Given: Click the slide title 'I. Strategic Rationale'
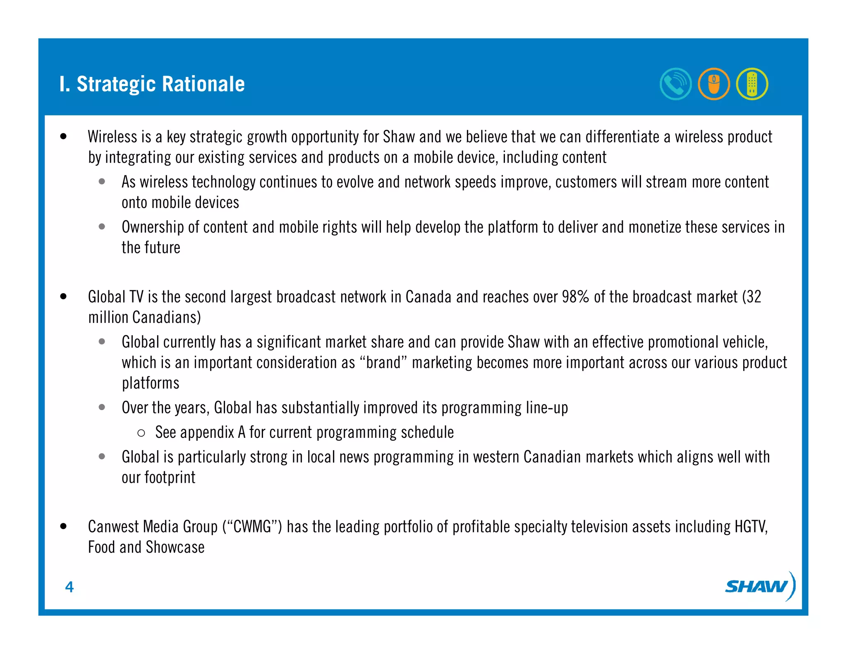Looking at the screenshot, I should coord(152,84).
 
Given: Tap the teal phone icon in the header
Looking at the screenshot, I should coord(675,84).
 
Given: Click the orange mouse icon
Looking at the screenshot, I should coord(714,84).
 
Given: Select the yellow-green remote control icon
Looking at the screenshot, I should coord(752,84).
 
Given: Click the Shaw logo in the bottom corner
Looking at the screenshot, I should coord(760,586).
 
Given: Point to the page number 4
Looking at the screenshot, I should coord(69,587).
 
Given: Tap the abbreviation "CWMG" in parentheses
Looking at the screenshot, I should coord(252,527).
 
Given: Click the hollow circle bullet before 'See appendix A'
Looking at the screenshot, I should coord(141,433).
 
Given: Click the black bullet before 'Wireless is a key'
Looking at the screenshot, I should coord(63,136).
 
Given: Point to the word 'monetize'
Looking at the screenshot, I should coord(654,227).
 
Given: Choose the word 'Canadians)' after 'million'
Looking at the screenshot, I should coord(167,317).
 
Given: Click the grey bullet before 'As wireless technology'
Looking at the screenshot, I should coord(102,181).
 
